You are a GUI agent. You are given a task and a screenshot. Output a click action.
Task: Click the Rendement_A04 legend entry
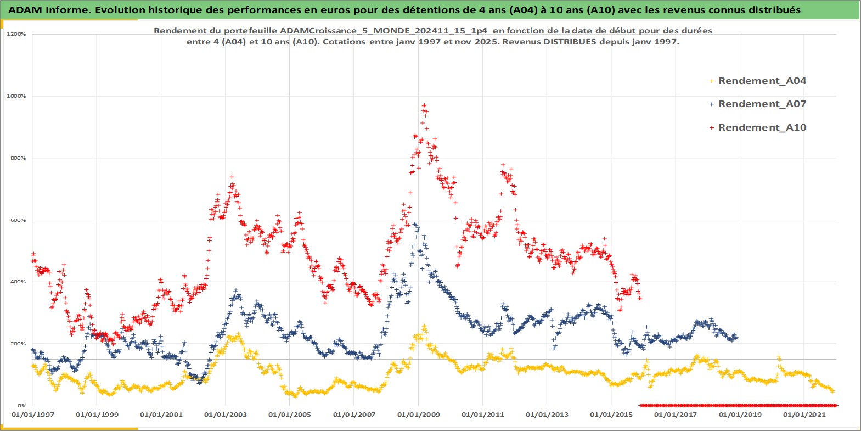tap(762, 81)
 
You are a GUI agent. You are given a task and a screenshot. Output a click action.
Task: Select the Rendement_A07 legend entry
tap(762, 104)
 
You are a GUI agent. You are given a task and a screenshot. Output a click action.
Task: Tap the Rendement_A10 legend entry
tap(762, 127)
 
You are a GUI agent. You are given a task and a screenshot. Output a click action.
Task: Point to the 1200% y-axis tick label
tap(16, 34)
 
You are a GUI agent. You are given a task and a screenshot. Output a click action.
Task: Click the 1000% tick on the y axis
tap(16, 96)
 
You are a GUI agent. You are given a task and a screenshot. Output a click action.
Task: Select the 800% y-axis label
tap(18, 158)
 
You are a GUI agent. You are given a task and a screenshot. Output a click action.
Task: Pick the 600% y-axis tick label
tap(18, 220)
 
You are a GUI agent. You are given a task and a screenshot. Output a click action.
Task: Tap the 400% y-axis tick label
tap(18, 282)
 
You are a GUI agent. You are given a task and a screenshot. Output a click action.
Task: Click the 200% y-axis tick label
tap(18, 344)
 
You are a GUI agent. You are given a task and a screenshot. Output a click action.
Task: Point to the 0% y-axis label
tap(21, 406)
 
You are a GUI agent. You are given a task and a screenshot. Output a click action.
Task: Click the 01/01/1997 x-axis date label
tap(32, 415)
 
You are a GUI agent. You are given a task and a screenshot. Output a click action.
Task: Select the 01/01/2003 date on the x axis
tap(225, 415)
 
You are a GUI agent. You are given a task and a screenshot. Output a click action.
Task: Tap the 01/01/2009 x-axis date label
tap(418, 415)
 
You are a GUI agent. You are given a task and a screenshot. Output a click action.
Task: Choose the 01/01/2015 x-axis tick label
tap(611, 415)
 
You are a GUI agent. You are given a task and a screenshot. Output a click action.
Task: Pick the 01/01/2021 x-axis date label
tap(804, 415)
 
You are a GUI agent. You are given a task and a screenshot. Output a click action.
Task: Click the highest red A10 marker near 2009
tap(424, 105)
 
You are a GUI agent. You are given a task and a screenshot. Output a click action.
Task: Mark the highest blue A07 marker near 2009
tap(415, 223)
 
